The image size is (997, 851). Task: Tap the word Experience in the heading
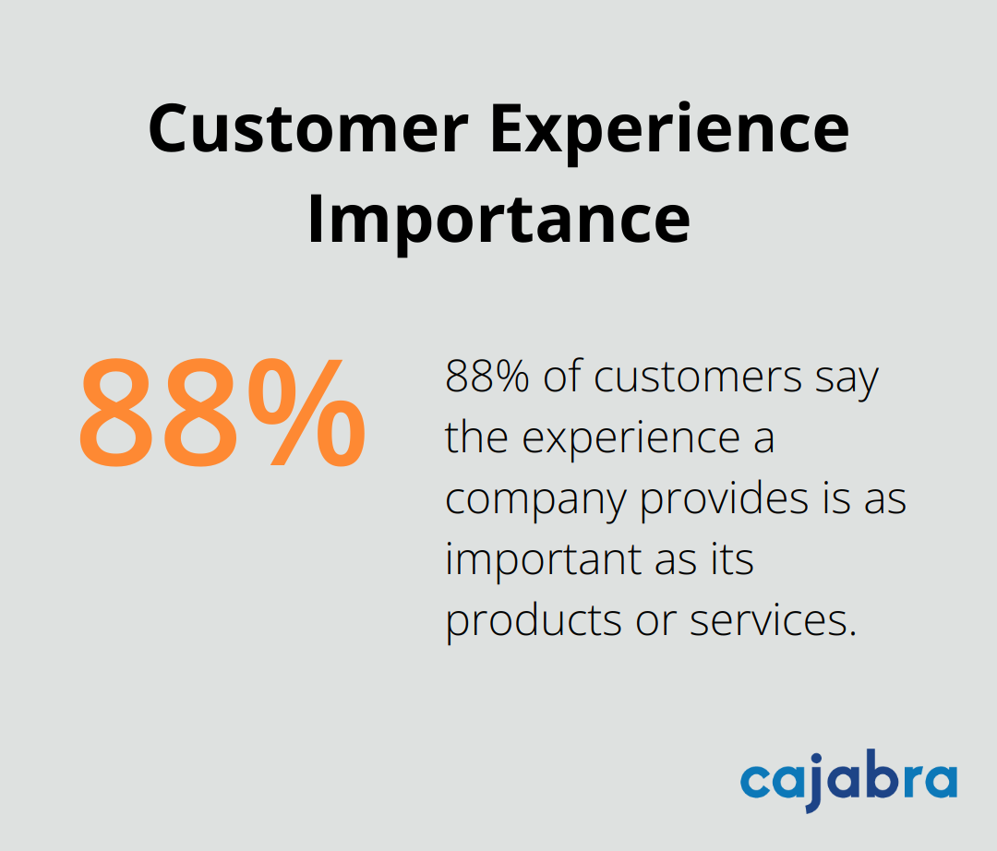(x=668, y=129)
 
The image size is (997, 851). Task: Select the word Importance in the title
(x=498, y=219)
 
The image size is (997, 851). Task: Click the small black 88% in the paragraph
(x=487, y=378)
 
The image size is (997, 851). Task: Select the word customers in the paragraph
(x=698, y=378)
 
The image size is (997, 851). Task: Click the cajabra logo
(x=848, y=783)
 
